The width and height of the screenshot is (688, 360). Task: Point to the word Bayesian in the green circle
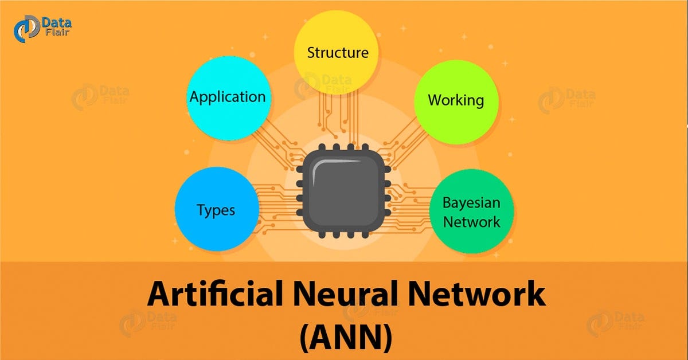pyautogui.click(x=471, y=203)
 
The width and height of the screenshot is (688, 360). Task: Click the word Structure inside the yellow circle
pyautogui.click(x=337, y=53)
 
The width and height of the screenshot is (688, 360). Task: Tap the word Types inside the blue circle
pyautogui.click(x=217, y=210)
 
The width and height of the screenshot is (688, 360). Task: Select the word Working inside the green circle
pyautogui.click(x=456, y=100)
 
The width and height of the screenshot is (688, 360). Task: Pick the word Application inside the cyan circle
pyautogui.click(x=228, y=97)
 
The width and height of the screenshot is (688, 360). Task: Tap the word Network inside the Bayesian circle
pyautogui.click(x=471, y=222)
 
